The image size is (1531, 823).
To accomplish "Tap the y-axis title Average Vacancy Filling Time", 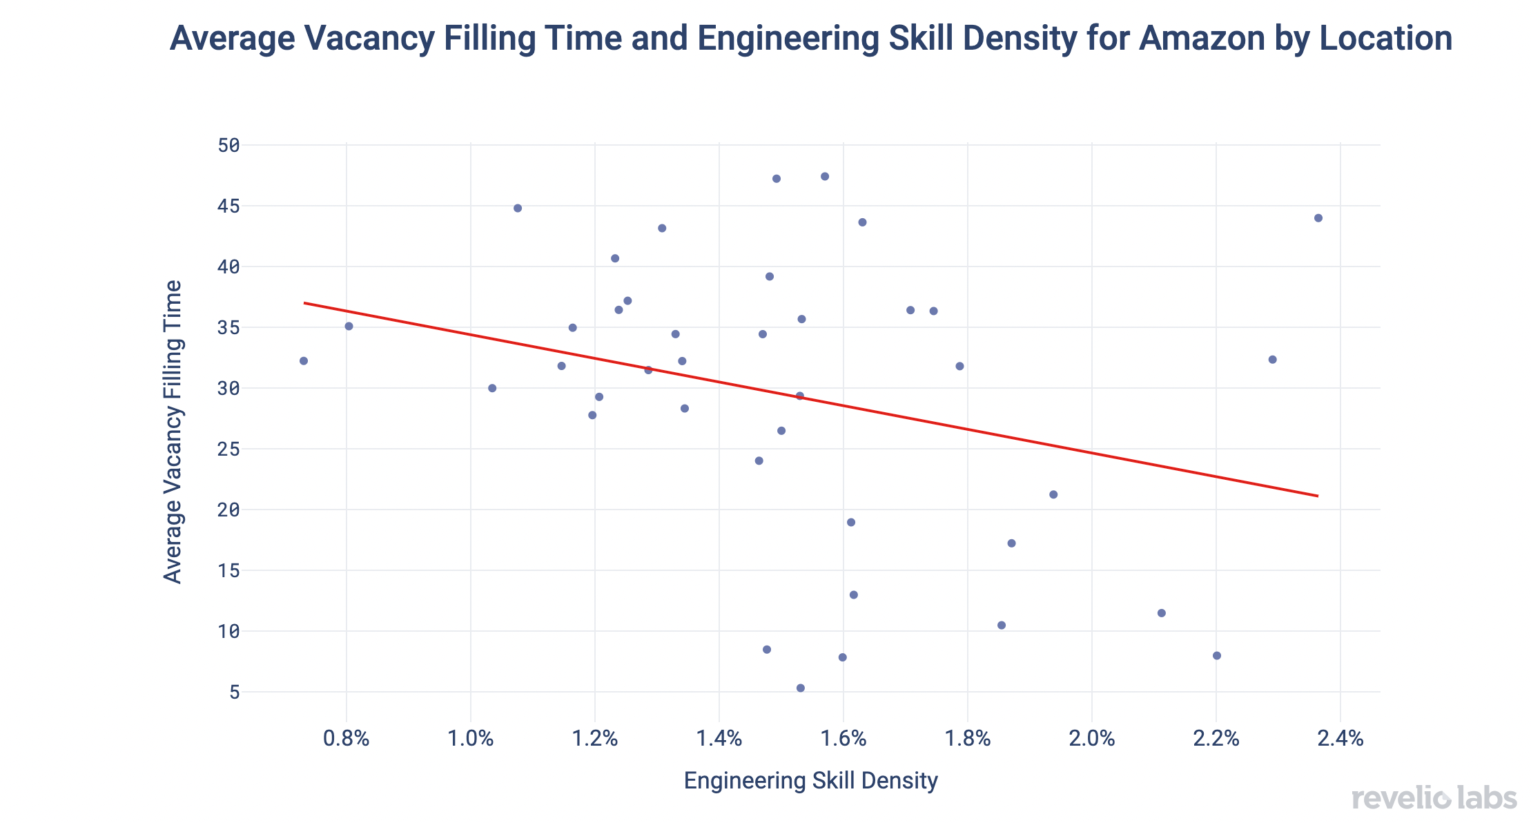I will click(x=173, y=432).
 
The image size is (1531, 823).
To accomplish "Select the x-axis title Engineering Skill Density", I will click(x=810, y=781).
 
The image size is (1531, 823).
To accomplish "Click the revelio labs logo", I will click(x=1434, y=798).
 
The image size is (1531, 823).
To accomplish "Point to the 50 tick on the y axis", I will click(x=228, y=145).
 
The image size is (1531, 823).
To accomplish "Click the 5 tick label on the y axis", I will click(x=235, y=692).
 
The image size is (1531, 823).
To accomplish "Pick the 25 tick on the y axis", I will click(x=228, y=449).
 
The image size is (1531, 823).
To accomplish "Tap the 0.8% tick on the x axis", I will click(x=347, y=739).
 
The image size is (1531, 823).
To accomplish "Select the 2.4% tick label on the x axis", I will click(x=1340, y=739).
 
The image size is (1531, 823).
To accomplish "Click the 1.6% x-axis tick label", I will click(x=843, y=739).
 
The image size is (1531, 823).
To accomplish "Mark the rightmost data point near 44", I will click(x=1318, y=218).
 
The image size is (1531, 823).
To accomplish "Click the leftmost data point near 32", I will click(x=304, y=361).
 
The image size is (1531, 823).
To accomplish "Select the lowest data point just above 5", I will click(x=801, y=688).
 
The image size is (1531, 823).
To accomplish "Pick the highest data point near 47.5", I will click(x=825, y=177).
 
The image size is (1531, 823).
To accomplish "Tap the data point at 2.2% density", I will click(x=1217, y=655).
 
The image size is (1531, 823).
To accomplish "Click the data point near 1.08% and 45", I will click(x=518, y=209).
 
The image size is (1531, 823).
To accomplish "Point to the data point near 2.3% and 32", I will click(x=1273, y=360).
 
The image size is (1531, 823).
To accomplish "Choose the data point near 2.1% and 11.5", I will click(x=1162, y=613).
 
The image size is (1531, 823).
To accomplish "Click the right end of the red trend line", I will click(x=1318, y=496).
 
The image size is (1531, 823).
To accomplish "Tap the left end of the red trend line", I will click(x=304, y=302).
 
